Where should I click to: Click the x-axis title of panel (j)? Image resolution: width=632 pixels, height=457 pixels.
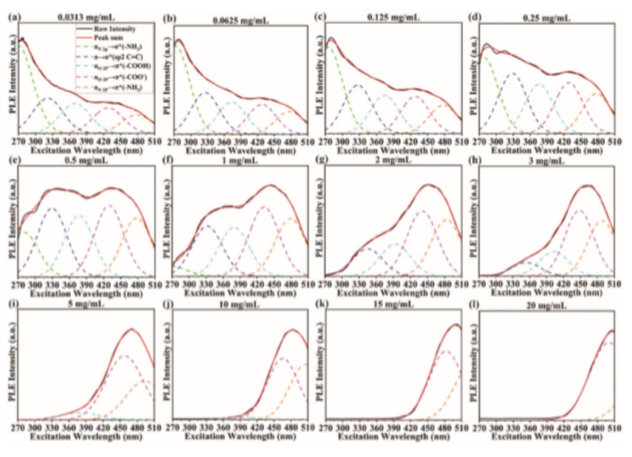point(237,438)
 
